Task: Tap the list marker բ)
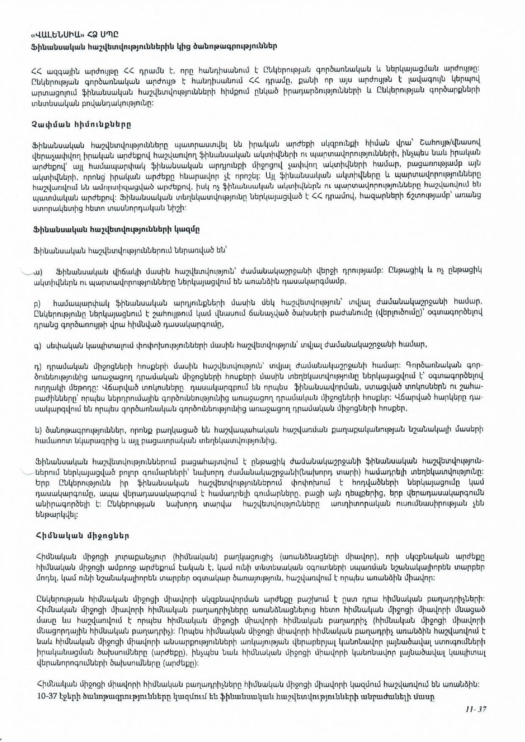pyautogui.click(x=37, y=303)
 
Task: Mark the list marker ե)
pyautogui.click(x=38, y=430)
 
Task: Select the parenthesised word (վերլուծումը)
pyautogui.click(x=402, y=313)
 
